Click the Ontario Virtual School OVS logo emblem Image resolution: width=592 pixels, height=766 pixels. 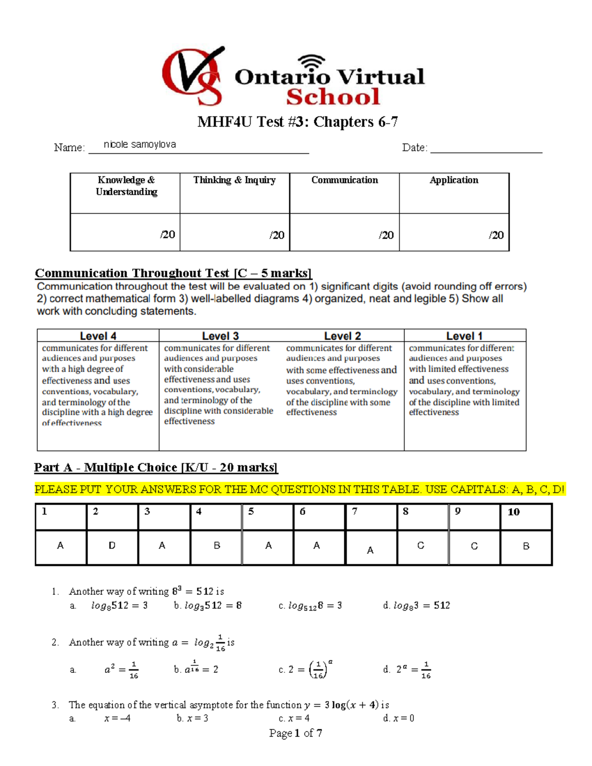(x=193, y=76)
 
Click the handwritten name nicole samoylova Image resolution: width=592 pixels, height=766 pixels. (x=140, y=145)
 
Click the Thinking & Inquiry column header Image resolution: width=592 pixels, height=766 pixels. (x=234, y=180)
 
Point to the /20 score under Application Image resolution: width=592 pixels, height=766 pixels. (x=496, y=235)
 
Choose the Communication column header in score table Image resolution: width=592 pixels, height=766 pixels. (x=344, y=180)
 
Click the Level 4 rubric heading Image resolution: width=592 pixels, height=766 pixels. (x=98, y=336)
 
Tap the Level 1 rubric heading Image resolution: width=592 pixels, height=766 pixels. (x=464, y=336)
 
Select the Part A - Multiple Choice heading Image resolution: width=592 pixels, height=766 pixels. (x=156, y=468)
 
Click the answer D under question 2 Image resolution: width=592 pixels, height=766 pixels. (x=112, y=546)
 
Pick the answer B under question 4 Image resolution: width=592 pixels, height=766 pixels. (x=217, y=546)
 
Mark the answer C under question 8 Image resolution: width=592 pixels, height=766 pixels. (x=420, y=546)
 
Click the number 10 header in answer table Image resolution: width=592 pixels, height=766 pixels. (x=514, y=512)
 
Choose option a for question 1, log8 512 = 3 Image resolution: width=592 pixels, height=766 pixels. (x=119, y=606)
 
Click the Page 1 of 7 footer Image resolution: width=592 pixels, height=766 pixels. (x=296, y=733)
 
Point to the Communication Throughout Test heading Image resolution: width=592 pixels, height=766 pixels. (x=173, y=273)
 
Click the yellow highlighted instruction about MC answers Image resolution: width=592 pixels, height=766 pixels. (x=299, y=490)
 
